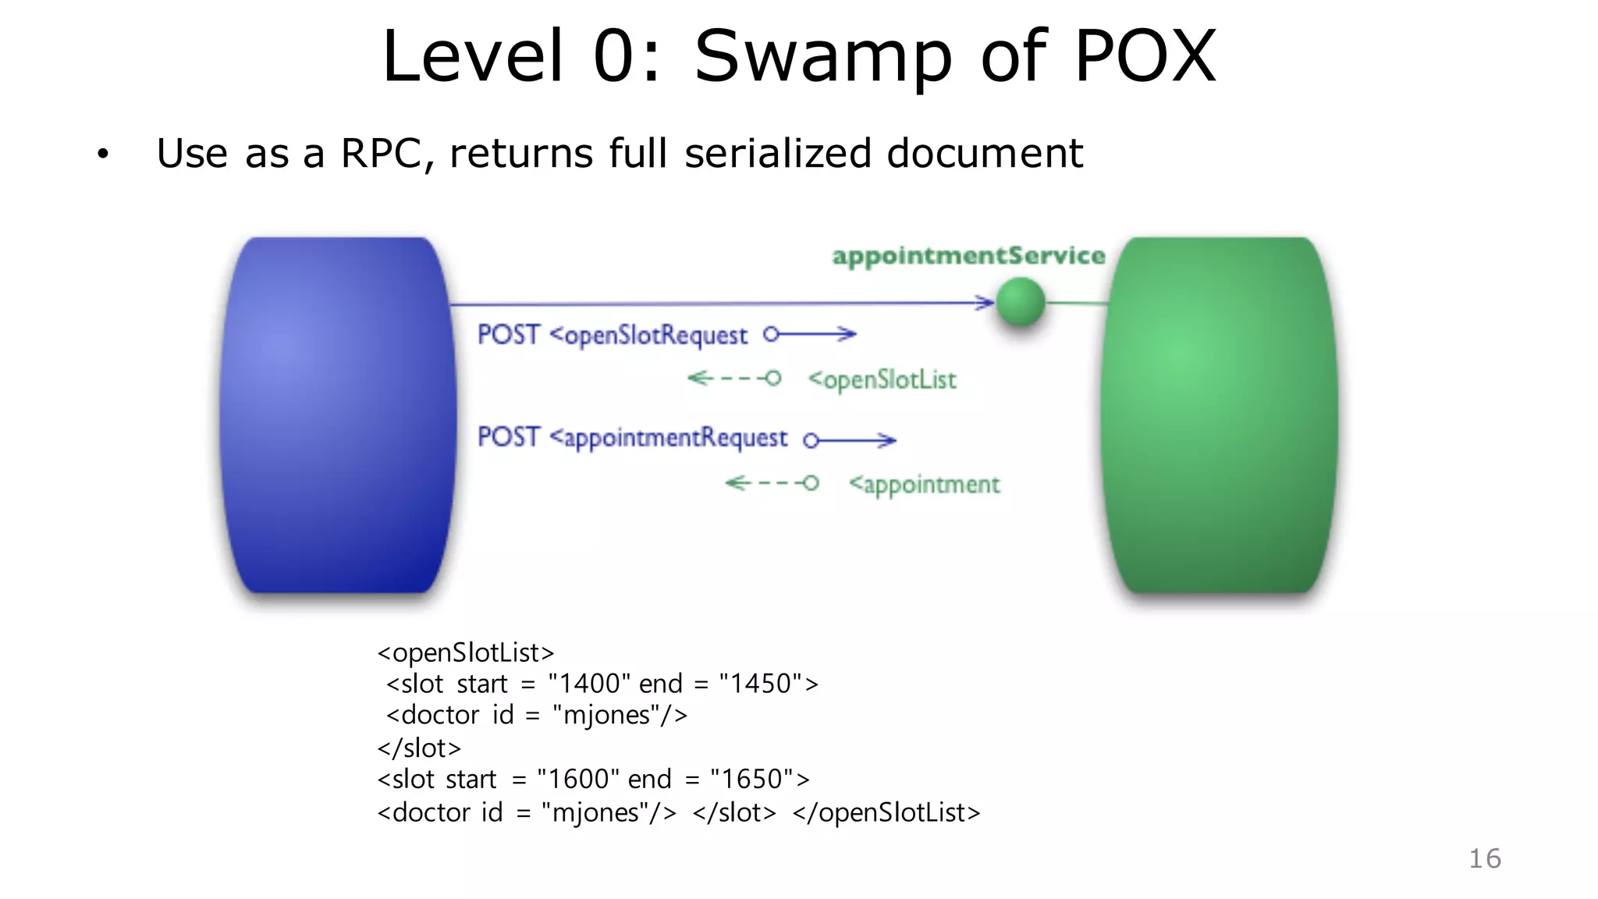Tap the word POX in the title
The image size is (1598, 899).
pos(1145,56)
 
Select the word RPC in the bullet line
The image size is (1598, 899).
pos(381,153)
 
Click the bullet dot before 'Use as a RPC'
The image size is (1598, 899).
pos(103,154)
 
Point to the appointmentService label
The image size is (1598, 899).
pos(968,256)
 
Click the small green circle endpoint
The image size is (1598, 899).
pos(1021,302)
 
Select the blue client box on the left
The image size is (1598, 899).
pos(337,415)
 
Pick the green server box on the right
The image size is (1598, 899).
pos(1220,415)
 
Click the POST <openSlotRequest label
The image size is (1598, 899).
pos(612,335)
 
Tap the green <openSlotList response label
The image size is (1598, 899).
pos(882,380)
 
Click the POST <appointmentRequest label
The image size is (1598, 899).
pos(632,437)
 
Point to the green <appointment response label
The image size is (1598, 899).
pos(924,485)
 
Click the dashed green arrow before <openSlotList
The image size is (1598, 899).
pos(733,378)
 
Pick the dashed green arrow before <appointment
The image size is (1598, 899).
pos(772,483)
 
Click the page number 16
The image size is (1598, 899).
pos(1484,858)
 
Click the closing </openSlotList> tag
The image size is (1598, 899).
pos(886,812)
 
